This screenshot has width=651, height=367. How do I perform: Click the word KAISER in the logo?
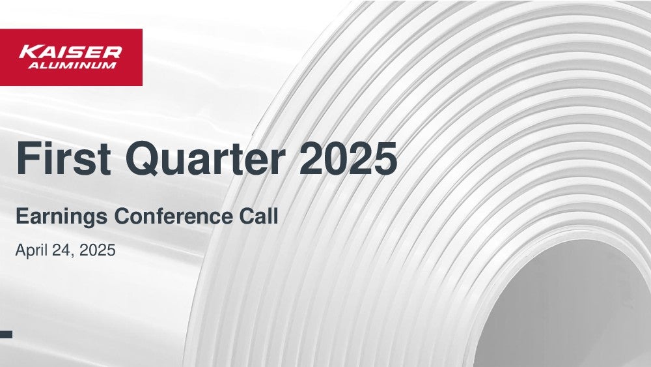tap(70, 52)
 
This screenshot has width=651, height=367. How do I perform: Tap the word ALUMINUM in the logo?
tap(72, 65)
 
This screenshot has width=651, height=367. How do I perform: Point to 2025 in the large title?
tap(348, 158)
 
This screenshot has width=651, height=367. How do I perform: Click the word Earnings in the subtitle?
tap(61, 217)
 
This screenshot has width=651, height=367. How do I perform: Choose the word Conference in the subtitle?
tap(173, 216)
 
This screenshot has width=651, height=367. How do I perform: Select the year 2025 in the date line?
tap(97, 250)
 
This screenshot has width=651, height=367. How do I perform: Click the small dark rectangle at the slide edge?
tap(6, 334)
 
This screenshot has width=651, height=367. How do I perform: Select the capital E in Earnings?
tap(23, 216)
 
